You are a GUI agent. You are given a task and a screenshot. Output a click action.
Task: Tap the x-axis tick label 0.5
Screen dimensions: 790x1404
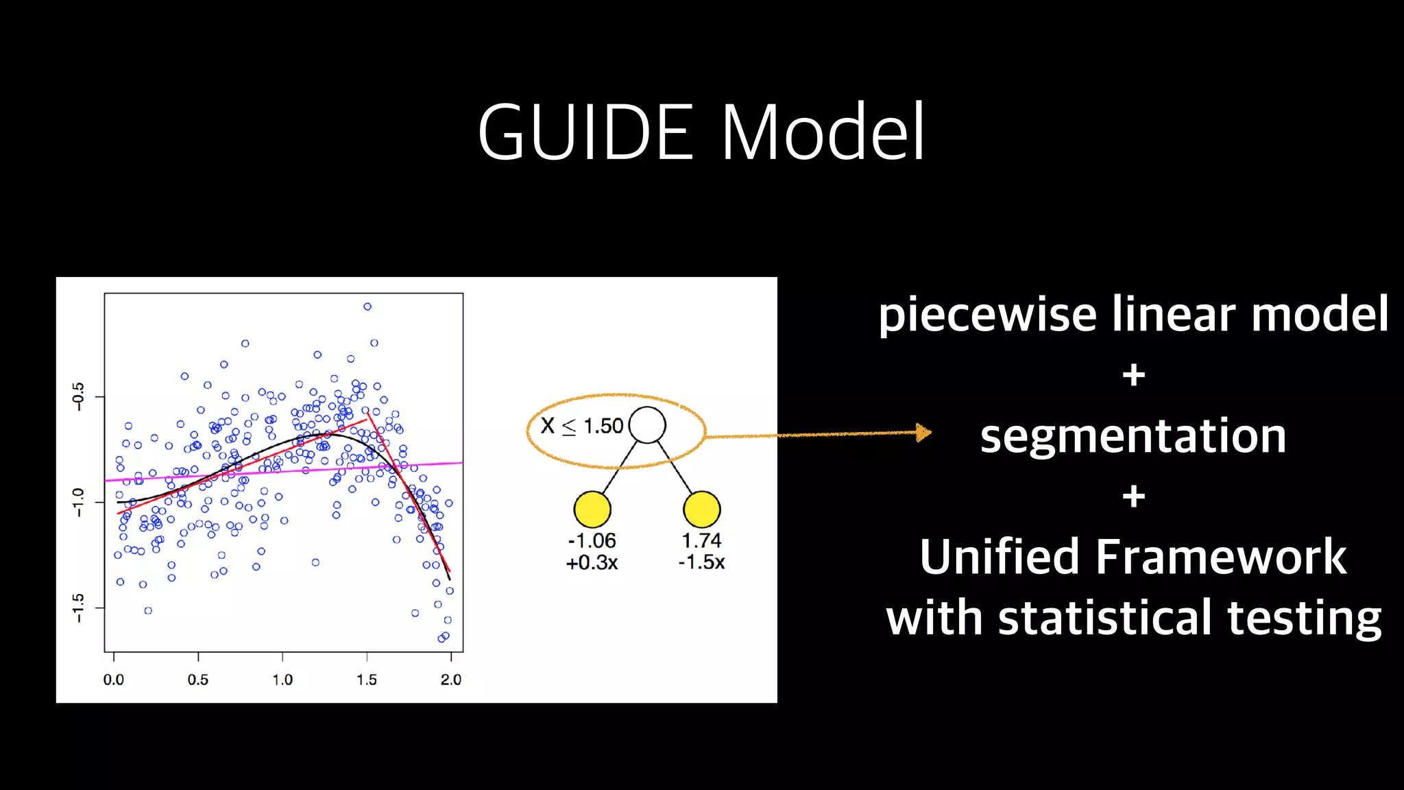[x=197, y=680]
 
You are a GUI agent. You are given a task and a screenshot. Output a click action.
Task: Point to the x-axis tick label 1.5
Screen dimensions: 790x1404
[x=367, y=680]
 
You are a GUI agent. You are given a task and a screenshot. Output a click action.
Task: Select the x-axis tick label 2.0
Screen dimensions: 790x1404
[x=450, y=680]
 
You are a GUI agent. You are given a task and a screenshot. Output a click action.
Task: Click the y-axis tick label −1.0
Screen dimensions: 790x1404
[x=78, y=502]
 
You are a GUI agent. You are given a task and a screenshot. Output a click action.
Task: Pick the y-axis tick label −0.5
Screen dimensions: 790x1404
[x=78, y=396]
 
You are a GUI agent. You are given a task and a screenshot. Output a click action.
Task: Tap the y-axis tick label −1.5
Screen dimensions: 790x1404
[x=78, y=608]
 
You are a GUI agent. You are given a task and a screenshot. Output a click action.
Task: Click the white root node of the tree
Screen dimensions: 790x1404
[x=647, y=425]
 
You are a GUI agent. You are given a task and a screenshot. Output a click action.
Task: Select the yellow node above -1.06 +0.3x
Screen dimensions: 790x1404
[x=592, y=510]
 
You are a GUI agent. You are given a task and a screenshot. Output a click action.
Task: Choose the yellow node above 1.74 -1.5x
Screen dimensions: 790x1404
[x=702, y=510]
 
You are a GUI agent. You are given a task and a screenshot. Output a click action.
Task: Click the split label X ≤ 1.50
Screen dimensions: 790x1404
[x=582, y=426]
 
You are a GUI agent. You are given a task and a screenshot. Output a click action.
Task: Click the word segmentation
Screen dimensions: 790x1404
[x=1133, y=436]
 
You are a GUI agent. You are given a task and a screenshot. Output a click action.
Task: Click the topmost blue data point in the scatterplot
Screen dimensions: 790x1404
[x=367, y=307]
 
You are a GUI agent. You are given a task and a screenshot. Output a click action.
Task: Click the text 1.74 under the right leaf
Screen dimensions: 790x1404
[x=701, y=540]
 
